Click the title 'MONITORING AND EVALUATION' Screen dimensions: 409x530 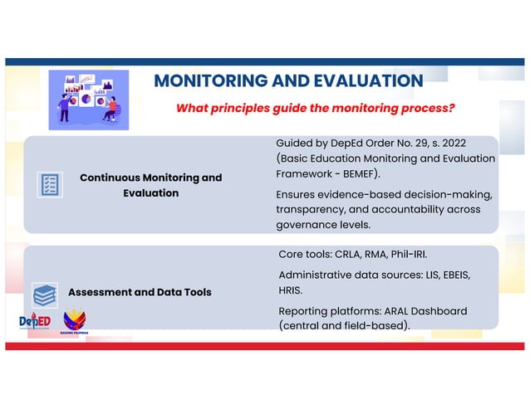coord(288,81)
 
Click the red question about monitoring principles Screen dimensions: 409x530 coord(314,109)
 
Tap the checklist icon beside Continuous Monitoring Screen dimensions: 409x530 coord(50,184)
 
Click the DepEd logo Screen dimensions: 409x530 coord(35,322)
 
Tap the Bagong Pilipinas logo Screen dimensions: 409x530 coord(75,321)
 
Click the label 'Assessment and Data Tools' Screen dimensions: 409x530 coord(139,292)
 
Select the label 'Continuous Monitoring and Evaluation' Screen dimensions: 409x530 coord(150,185)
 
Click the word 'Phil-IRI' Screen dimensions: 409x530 coord(415,252)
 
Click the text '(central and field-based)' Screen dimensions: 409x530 coord(344,326)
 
